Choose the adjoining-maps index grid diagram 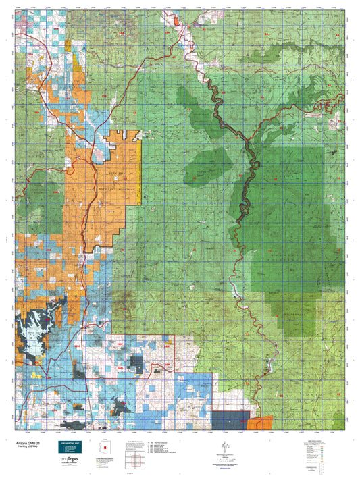(136, 461)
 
